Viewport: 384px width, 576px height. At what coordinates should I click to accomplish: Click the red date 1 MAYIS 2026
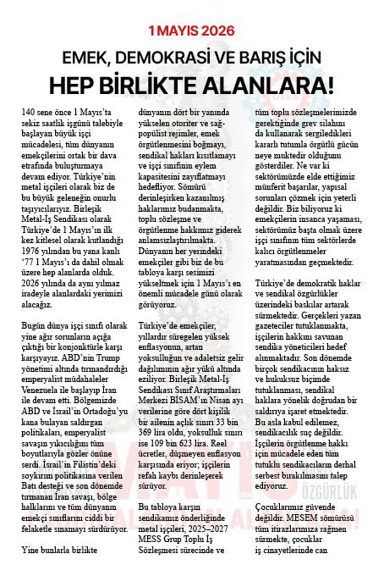192,30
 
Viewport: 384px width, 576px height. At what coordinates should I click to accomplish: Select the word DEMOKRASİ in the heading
169,57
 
